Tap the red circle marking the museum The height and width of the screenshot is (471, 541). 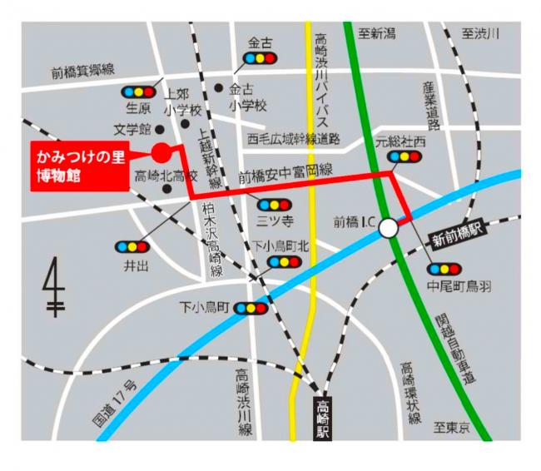coord(161,151)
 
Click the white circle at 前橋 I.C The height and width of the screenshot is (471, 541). coord(389,227)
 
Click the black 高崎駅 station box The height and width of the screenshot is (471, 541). coord(322,419)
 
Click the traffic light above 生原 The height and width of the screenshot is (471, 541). coord(138,92)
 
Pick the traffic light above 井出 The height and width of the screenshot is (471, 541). coord(132,247)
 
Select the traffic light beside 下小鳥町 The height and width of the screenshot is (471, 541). coord(251,308)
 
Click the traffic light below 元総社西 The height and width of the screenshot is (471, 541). coord(404,156)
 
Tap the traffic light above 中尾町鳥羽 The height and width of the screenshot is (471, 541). coord(442,269)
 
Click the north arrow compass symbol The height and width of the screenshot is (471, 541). coord(55,287)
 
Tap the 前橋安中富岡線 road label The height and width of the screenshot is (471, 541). coord(285,174)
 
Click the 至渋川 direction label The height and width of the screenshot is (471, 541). coord(480,33)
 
